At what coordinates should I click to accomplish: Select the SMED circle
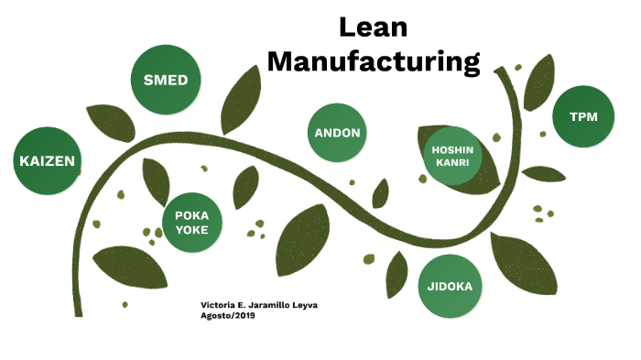pos(166,81)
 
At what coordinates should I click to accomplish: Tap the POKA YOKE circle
pos(192,223)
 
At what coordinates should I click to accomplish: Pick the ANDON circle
pos(337,133)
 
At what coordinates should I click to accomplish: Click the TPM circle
pos(584,117)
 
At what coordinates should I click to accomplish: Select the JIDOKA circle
pos(450,286)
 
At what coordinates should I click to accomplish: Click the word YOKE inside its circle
pos(192,230)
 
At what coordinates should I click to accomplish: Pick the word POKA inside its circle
pos(192,215)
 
